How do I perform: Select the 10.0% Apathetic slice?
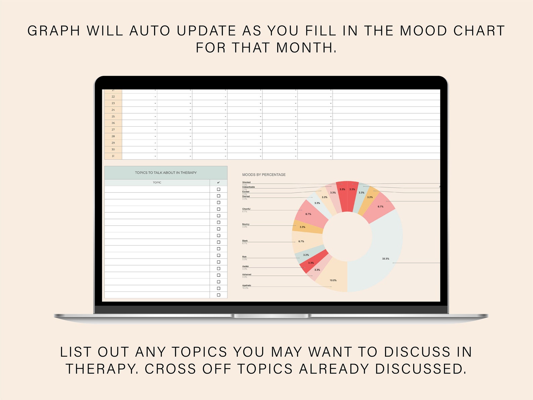pos(332,277)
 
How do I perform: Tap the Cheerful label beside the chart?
pos(246,209)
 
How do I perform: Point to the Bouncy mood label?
pos(246,224)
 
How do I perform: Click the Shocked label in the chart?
pos(246,182)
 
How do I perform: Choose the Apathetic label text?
pos(247,285)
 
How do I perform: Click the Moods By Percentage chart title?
pos(264,175)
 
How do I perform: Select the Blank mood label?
pos(245,241)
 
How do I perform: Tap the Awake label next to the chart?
pos(245,266)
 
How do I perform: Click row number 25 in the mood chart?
pos(113,117)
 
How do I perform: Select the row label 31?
pos(113,156)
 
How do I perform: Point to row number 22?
pos(113,97)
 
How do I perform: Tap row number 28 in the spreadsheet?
pos(113,136)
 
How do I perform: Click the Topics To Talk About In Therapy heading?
pos(166,173)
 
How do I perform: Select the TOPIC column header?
pos(157,183)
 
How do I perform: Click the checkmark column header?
pos(219,183)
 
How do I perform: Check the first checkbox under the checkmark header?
pos(219,189)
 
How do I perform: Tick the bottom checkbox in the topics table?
pos(219,295)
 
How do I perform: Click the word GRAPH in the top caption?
pos(54,31)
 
